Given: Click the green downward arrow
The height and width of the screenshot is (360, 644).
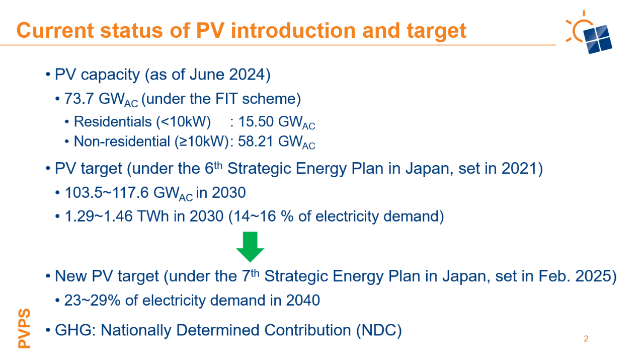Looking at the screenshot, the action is [250, 247].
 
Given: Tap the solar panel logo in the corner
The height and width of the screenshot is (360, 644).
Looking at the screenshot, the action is [589, 33].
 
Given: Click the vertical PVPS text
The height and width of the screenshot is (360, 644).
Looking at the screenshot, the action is [24, 328].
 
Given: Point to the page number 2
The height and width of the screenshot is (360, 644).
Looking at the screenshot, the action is [586, 339].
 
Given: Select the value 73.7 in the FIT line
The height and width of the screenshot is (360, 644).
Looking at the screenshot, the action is [79, 99].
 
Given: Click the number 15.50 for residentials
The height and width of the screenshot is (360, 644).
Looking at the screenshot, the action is [256, 121].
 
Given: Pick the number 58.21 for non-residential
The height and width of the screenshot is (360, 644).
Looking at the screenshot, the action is [256, 141].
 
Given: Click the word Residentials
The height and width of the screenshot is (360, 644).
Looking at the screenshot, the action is [113, 121].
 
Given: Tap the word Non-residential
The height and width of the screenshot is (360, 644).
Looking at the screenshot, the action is [122, 141].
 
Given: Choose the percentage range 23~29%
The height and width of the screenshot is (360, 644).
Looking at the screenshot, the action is [92, 301].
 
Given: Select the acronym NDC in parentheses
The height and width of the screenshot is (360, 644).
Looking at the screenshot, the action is [379, 330].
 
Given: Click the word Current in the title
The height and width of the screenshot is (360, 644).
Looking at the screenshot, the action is [55, 31].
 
